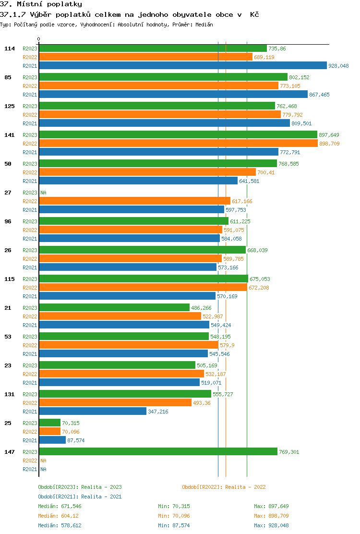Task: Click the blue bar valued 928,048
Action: pos(182,66)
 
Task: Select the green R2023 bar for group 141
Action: pos(178,135)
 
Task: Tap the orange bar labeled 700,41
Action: pos(147,172)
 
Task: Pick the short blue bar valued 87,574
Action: pos(52,440)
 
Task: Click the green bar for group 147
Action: pos(158,452)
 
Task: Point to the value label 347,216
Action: pos(158,412)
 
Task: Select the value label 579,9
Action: pos(228,345)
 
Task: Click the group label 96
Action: pos(8,221)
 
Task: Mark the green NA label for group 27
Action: pos(43,193)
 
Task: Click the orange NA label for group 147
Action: pos(43,461)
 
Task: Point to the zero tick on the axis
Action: pos(39,39)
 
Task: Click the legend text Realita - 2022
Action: pos(242,487)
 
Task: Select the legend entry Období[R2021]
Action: pos(59,497)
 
